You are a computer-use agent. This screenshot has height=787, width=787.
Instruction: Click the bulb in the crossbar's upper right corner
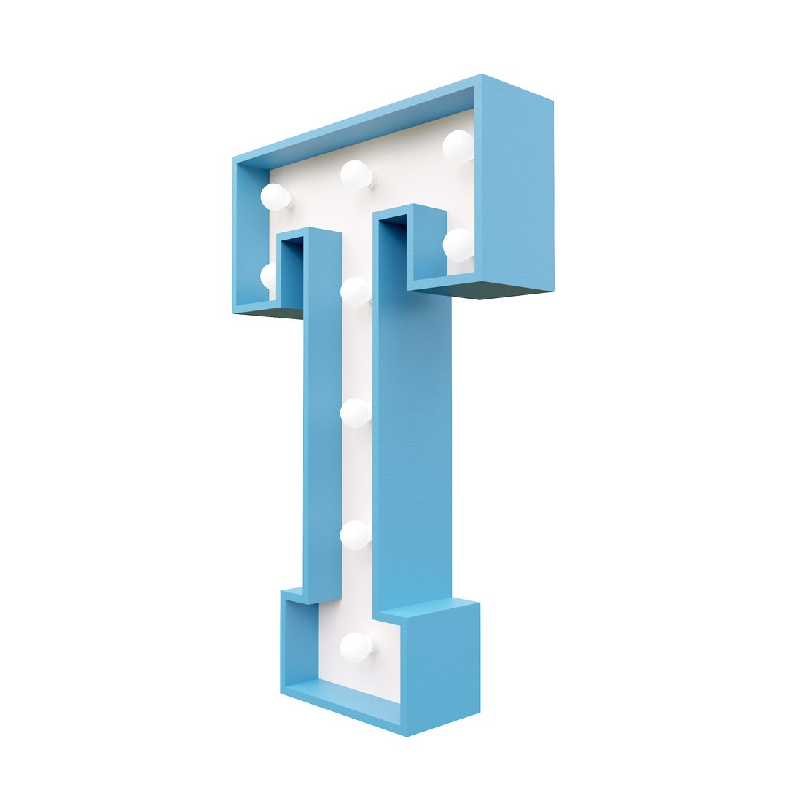458,146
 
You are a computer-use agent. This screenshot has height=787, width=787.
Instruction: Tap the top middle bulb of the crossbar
356,175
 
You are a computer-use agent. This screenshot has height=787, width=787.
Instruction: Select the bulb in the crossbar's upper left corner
275,197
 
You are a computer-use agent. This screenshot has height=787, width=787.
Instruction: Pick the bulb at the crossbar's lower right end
458,244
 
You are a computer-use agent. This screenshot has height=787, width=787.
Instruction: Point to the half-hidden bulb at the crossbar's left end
268,276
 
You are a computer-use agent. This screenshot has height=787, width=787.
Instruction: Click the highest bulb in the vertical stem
356,291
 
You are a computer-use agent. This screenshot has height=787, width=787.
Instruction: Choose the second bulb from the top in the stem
356,413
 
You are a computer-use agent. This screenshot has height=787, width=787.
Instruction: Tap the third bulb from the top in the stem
356,536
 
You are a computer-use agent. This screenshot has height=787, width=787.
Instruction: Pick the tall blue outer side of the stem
412,452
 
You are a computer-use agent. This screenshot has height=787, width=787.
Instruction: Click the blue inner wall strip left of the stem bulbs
322,415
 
